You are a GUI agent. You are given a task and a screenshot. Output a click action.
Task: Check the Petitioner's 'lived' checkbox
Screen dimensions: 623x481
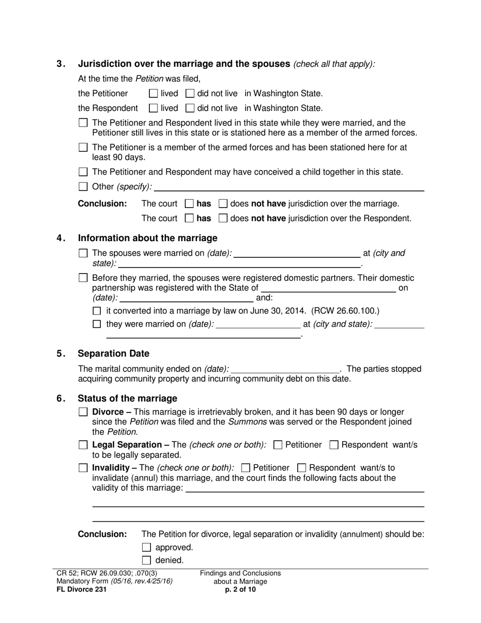(153, 93)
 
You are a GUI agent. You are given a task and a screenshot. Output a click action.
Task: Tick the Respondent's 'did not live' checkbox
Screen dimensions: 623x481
(190, 108)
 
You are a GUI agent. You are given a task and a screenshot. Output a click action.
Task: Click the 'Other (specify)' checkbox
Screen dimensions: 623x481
(84, 186)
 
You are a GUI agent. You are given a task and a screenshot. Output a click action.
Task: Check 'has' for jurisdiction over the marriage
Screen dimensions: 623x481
(189, 204)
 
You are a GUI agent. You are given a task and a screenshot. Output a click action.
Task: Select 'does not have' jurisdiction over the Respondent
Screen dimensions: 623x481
(223, 218)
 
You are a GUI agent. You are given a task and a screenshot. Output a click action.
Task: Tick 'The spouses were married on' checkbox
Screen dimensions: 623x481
(84, 253)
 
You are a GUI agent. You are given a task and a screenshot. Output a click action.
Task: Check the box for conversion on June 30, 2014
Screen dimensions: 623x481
(97, 310)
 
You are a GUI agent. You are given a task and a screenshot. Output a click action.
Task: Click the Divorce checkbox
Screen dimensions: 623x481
(84, 412)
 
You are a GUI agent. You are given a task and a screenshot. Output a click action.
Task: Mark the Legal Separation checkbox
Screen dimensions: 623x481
(84, 445)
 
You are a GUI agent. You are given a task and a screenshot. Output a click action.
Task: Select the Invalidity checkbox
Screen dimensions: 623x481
(84, 468)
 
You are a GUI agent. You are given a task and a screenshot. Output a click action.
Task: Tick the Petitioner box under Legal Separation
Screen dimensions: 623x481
(277, 445)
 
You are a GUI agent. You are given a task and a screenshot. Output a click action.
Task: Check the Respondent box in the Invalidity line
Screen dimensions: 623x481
(302, 468)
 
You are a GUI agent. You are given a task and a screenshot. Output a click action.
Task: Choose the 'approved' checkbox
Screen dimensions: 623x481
(147, 547)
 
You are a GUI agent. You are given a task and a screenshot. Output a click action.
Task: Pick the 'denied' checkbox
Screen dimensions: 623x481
(147, 560)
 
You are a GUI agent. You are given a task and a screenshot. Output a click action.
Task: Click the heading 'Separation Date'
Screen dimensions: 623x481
(113, 354)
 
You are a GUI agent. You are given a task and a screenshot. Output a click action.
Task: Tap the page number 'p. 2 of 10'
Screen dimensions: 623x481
(240, 590)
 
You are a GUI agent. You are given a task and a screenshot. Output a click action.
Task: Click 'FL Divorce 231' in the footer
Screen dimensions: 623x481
(82, 590)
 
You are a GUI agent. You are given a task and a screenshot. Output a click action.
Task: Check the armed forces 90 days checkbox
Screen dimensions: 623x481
(84, 147)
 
